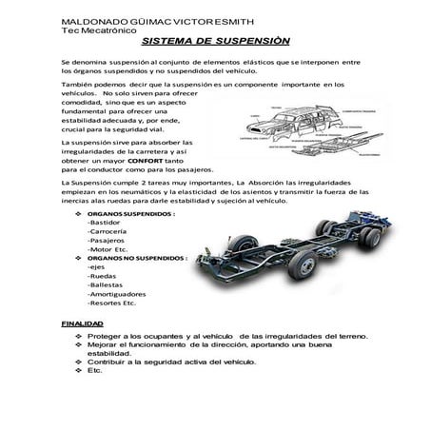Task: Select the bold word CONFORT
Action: (x=147, y=161)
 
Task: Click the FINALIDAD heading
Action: (x=82, y=323)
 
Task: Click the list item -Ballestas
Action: (x=105, y=284)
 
